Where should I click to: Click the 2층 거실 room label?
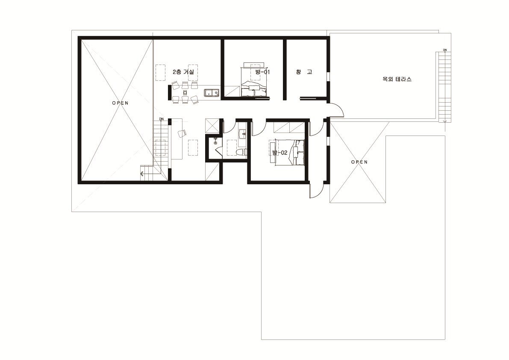(x=183, y=72)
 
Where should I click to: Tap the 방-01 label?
(x=262, y=72)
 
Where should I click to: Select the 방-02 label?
(x=280, y=153)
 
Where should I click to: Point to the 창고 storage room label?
(x=304, y=72)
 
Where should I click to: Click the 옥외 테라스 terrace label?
(x=397, y=79)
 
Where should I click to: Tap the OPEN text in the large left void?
(x=121, y=103)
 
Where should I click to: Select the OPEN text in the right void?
(x=359, y=162)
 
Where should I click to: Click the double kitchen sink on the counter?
(x=212, y=93)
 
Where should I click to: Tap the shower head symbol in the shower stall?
(x=215, y=140)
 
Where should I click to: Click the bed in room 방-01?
(x=254, y=82)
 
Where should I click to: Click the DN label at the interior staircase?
(x=162, y=119)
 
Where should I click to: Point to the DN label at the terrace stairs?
(x=445, y=50)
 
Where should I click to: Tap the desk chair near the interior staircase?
(x=182, y=133)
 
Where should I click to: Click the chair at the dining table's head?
(x=185, y=92)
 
